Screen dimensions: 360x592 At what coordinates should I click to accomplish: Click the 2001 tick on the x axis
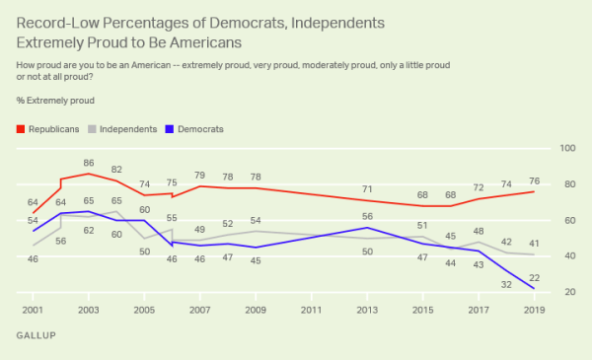[x=33, y=310]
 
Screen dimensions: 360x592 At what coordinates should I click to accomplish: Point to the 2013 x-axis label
[x=367, y=310]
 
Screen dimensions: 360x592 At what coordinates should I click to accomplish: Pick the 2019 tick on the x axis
[x=535, y=310]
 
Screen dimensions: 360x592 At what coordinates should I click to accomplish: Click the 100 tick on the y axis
[x=567, y=148]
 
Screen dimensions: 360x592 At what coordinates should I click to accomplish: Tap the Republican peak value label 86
[x=88, y=162]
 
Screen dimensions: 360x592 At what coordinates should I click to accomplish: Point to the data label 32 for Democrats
[x=505, y=284]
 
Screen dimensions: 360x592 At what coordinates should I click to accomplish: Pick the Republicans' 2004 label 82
[x=116, y=169]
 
